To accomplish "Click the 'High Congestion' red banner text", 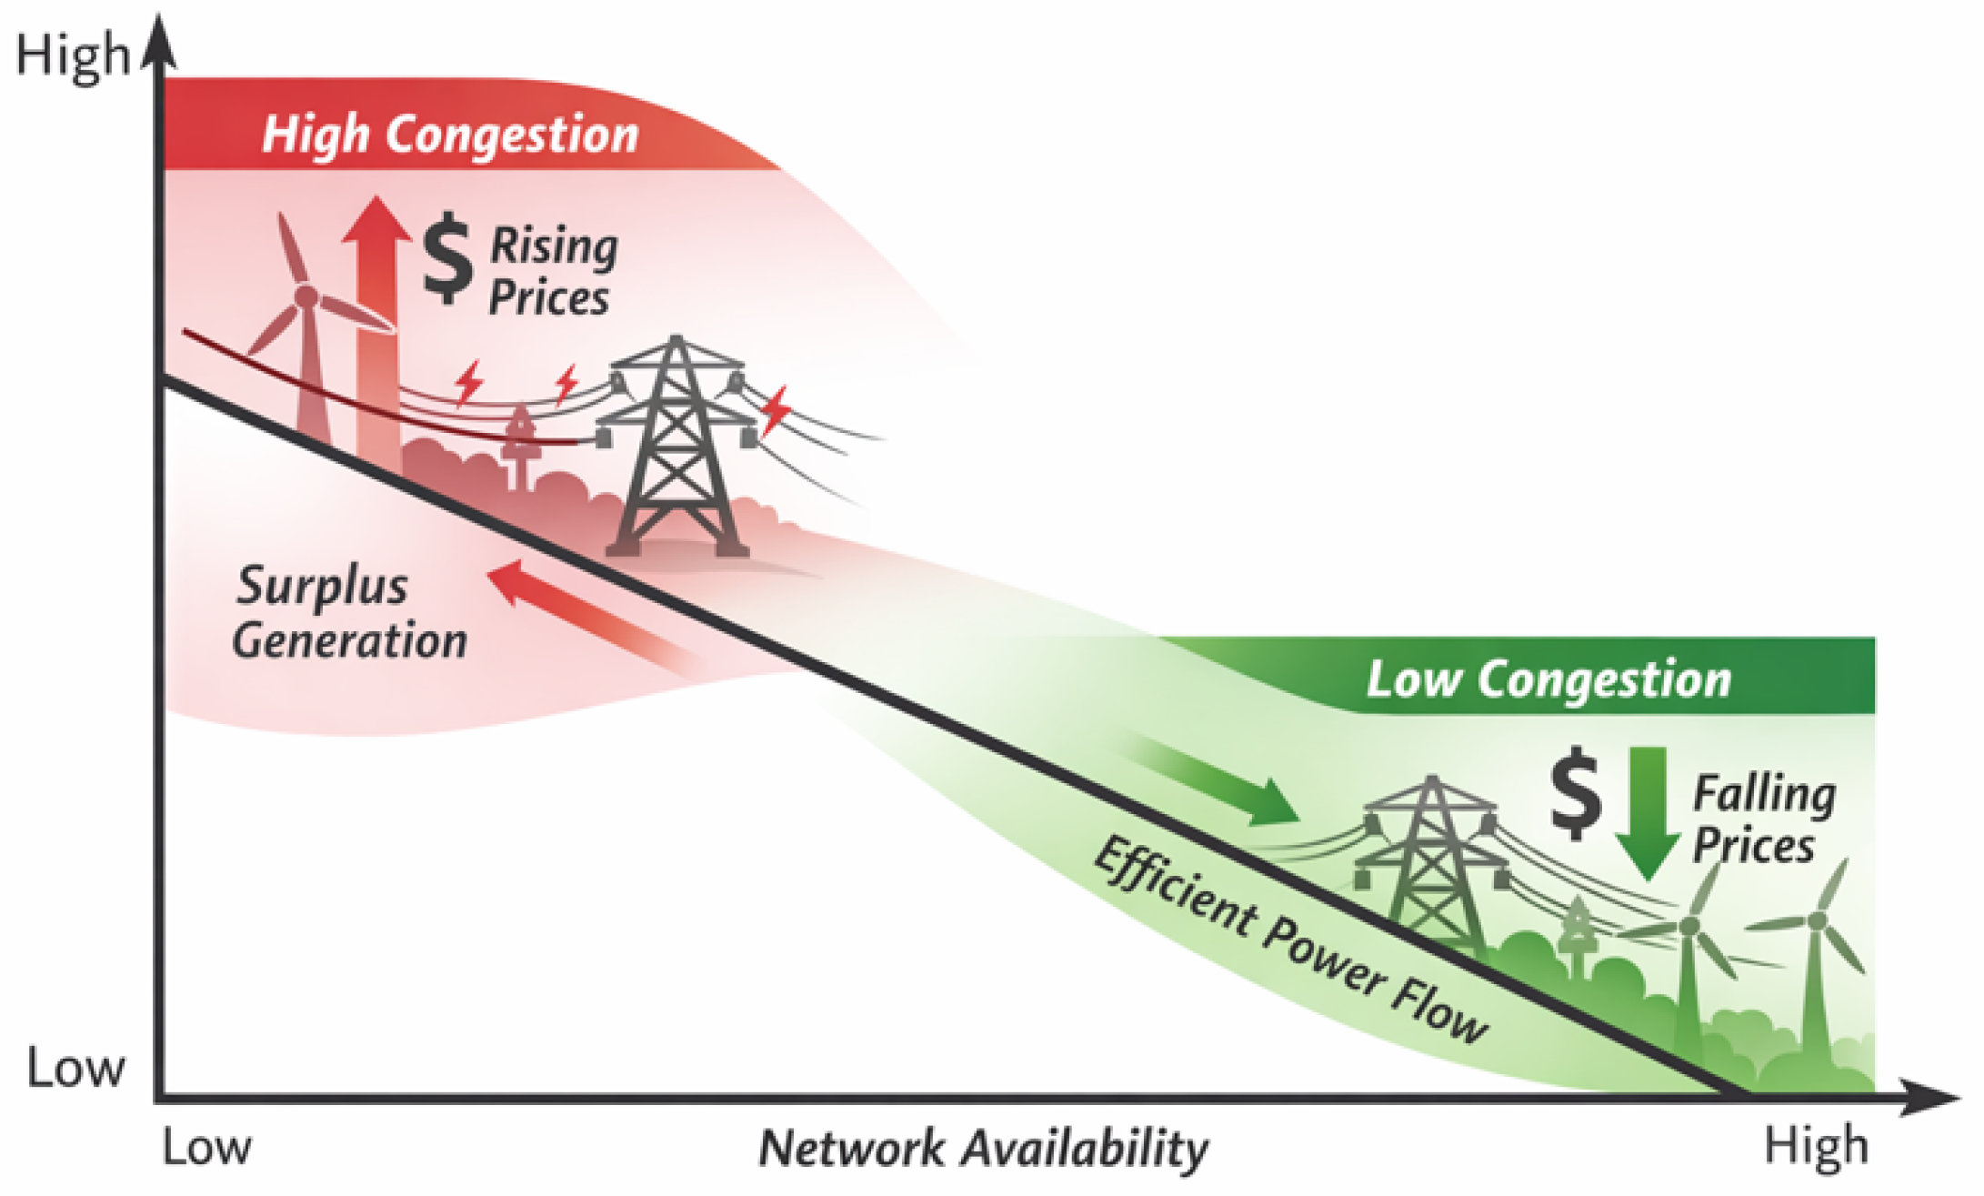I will (x=450, y=136).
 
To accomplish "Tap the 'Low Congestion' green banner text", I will (x=1548, y=679).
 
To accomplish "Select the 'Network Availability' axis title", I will (x=983, y=1148).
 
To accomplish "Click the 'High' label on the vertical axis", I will (x=73, y=55).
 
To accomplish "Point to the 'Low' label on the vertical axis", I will (x=75, y=1068).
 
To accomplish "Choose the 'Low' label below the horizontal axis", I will (x=206, y=1148).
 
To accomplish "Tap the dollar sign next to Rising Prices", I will (x=447, y=258).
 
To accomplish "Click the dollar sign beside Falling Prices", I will (x=1575, y=793).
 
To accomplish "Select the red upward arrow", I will (x=376, y=309).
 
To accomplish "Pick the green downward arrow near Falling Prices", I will (x=1648, y=809).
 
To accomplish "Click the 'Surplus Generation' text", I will (x=350, y=614).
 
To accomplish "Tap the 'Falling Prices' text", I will (x=1762, y=819).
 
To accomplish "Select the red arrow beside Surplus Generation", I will (x=591, y=618).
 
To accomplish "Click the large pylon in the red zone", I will (x=676, y=446).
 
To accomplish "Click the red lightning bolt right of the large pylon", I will (x=776, y=409).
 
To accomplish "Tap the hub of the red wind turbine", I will (x=306, y=296).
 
